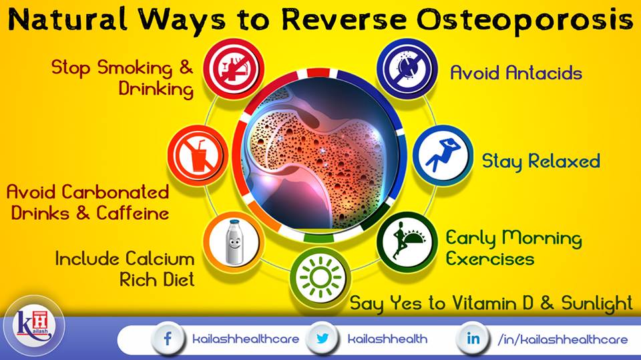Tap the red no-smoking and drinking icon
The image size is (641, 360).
click(234, 69)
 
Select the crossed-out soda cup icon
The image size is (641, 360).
click(198, 156)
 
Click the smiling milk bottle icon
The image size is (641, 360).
click(234, 242)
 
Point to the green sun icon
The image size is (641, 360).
click(320, 278)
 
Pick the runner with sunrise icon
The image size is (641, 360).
click(407, 242)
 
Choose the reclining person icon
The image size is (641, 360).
click(443, 156)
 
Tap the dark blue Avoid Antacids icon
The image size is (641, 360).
click(407, 69)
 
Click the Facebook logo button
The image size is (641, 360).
click(168, 339)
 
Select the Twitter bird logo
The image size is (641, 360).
click(323, 339)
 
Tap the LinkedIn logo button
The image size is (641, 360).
click(473, 339)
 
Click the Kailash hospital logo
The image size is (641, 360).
click(34, 326)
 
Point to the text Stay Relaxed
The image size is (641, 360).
click(541, 162)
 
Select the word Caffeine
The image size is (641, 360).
click(133, 212)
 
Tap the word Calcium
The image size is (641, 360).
click(160, 259)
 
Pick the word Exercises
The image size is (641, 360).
click(489, 259)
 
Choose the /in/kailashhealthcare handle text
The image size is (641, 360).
click(562, 339)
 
